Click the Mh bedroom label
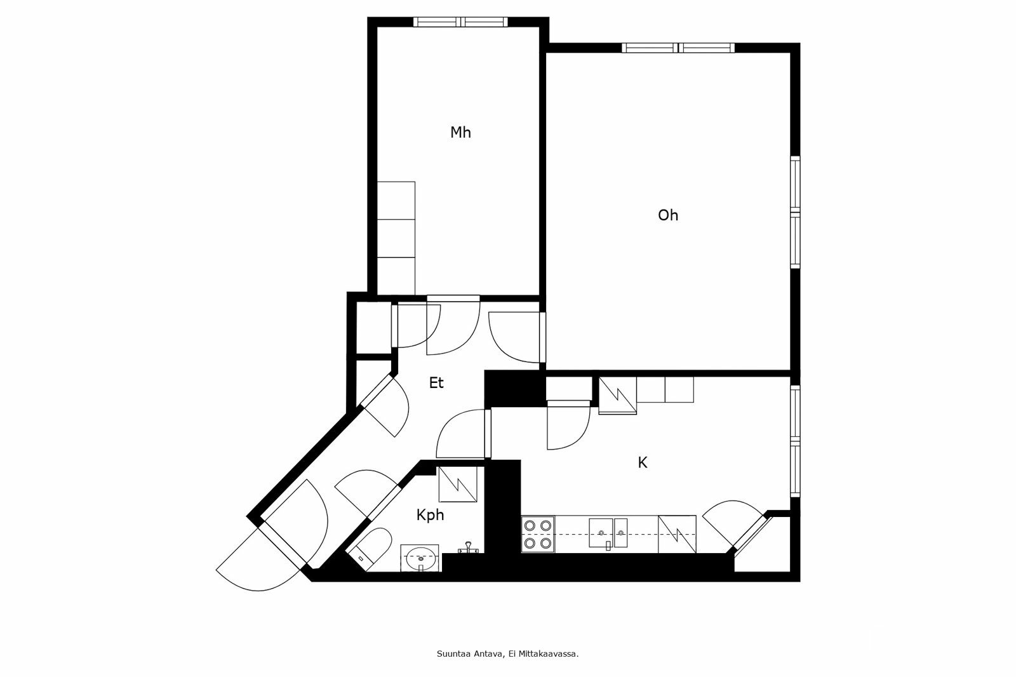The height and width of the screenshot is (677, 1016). click(x=460, y=133)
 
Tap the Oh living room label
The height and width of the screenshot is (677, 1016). click(x=667, y=215)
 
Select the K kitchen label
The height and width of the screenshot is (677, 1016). click(x=642, y=463)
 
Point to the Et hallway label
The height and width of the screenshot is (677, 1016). click(x=436, y=383)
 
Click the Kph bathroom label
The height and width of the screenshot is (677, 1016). click(x=430, y=515)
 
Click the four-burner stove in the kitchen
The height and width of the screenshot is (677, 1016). click(x=537, y=534)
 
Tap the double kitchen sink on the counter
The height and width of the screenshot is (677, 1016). click(x=608, y=533)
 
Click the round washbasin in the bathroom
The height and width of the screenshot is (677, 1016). click(x=420, y=559)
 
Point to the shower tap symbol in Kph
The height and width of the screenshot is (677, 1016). click(x=468, y=547)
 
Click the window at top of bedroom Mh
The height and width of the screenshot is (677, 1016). click(x=461, y=22)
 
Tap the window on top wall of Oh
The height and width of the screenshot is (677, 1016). click(x=678, y=48)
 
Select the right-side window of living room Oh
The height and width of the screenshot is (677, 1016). click(x=794, y=212)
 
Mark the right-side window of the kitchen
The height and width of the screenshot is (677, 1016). click(x=794, y=441)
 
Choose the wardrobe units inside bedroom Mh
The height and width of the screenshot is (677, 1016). click(x=396, y=238)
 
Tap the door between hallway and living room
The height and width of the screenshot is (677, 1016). click(x=513, y=337)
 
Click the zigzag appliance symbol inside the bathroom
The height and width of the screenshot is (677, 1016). click(x=457, y=484)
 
